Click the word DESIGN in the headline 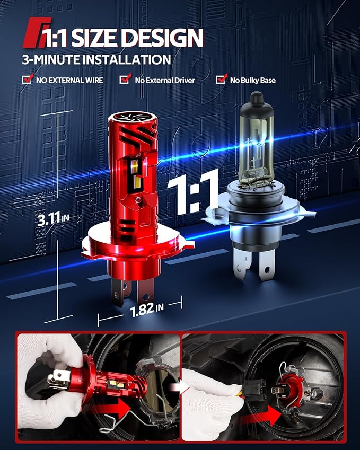[x=162, y=38]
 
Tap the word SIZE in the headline [x=94, y=38]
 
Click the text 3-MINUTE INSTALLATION [x=96, y=60]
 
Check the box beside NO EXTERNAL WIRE [x=27, y=78]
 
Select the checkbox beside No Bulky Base [x=221, y=78]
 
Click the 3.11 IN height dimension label [x=53, y=218]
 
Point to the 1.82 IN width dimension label [x=147, y=310]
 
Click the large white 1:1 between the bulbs [x=193, y=192]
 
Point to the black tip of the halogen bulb [x=257, y=99]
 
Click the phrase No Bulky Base [x=252, y=81]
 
